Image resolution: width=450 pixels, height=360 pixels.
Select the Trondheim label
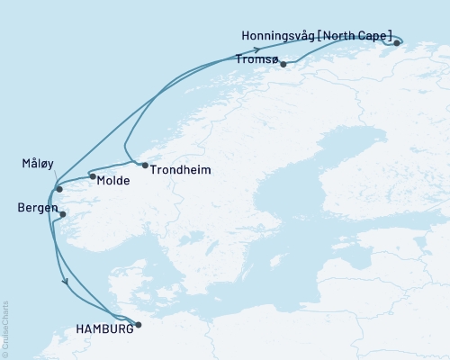tap(175, 169)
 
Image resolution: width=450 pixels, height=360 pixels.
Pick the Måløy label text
tap(38, 164)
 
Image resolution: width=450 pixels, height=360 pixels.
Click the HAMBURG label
tap(104, 328)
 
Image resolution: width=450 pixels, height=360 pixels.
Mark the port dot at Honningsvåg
tap(397, 42)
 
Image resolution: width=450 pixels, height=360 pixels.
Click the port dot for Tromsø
tap(283, 64)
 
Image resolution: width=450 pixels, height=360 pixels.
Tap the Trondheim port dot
tap(145, 165)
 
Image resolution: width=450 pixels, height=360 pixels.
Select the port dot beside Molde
tap(92, 176)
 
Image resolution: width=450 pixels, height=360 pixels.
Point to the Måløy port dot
tap(58, 188)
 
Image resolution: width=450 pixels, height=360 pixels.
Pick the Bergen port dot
tap(64, 213)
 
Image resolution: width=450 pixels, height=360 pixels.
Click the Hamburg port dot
tap(138, 324)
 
